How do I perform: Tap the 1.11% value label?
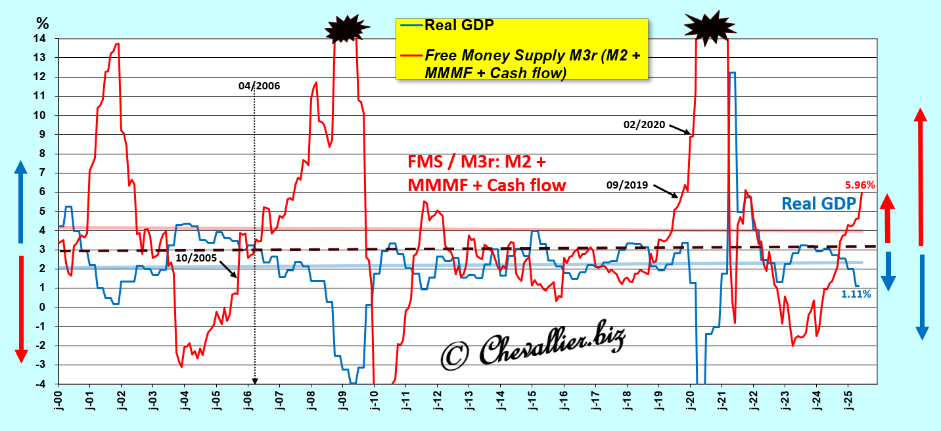(x=856, y=294)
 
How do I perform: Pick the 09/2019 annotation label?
(x=627, y=185)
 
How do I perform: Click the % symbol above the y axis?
(x=43, y=24)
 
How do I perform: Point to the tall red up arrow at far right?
(x=921, y=177)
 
